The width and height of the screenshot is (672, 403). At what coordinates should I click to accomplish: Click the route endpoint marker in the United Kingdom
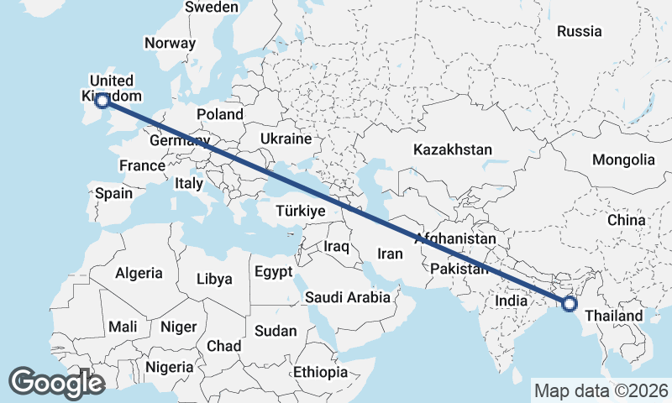click(x=102, y=101)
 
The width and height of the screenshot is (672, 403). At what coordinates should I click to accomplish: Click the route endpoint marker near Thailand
click(x=570, y=304)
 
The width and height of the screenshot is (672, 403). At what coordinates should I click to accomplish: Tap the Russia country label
click(x=580, y=31)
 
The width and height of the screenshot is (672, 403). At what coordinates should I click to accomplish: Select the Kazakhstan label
click(x=452, y=149)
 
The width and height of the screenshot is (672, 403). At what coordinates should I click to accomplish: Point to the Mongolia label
click(x=623, y=160)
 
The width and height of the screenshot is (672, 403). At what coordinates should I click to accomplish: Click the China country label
click(x=627, y=220)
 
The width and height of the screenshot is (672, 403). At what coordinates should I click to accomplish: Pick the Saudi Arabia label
click(x=347, y=297)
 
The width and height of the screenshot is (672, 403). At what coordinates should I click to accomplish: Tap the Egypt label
click(x=274, y=272)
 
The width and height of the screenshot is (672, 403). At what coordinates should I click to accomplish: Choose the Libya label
click(x=213, y=279)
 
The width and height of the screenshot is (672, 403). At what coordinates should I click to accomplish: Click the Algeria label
click(x=139, y=273)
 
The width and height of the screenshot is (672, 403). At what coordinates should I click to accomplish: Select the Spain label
click(x=113, y=193)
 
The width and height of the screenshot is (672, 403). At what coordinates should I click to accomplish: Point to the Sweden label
click(x=212, y=7)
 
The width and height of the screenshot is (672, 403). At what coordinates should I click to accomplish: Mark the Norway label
click(x=170, y=43)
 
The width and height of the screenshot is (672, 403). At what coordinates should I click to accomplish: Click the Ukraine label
click(x=286, y=139)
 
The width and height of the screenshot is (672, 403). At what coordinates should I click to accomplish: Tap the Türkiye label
click(x=300, y=212)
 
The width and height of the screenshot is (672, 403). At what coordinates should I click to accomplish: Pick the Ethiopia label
click(x=320, y=372)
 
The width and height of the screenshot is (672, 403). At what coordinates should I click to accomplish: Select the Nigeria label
click(x=170, y=367)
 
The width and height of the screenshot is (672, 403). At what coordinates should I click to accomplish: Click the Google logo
click(x=56, y=383)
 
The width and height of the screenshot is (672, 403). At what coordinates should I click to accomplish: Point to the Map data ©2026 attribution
click(x=601, y=390)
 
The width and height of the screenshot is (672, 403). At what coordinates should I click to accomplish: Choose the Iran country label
click(x=391, y=254)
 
